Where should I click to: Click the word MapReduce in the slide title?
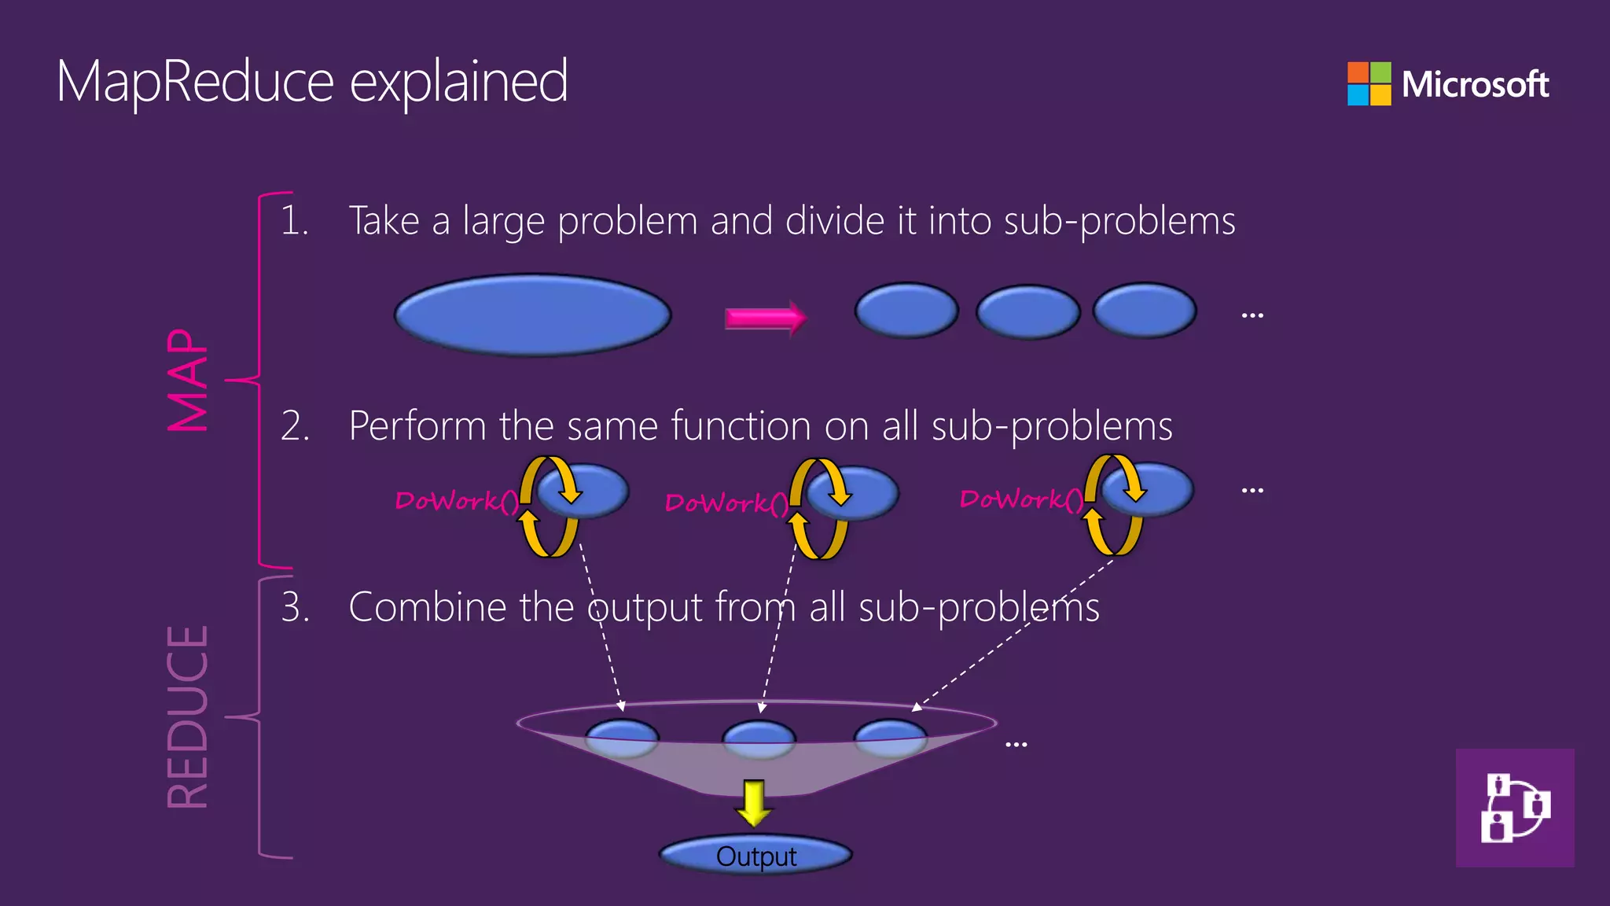click(195, 82)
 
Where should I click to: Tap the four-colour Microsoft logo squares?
click(1369, 83)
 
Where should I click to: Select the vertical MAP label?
click(189, 380)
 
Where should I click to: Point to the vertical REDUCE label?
click(189, 716)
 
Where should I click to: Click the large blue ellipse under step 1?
click(532, 315)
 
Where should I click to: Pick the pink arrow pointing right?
click(765, 318)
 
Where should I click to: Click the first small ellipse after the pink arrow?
click(906, 311)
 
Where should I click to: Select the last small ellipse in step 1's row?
click(1145, 311)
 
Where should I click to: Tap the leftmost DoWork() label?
click(456, 501)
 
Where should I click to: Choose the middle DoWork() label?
click(726, 503)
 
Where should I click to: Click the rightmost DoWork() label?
click(1020, 499)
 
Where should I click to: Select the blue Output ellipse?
click(755, 856)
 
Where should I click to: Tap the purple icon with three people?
click(1514, 808)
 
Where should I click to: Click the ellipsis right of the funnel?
click(1016, 744)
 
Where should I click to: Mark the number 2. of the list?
click(295, 426)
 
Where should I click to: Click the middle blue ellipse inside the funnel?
click(759, 738)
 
